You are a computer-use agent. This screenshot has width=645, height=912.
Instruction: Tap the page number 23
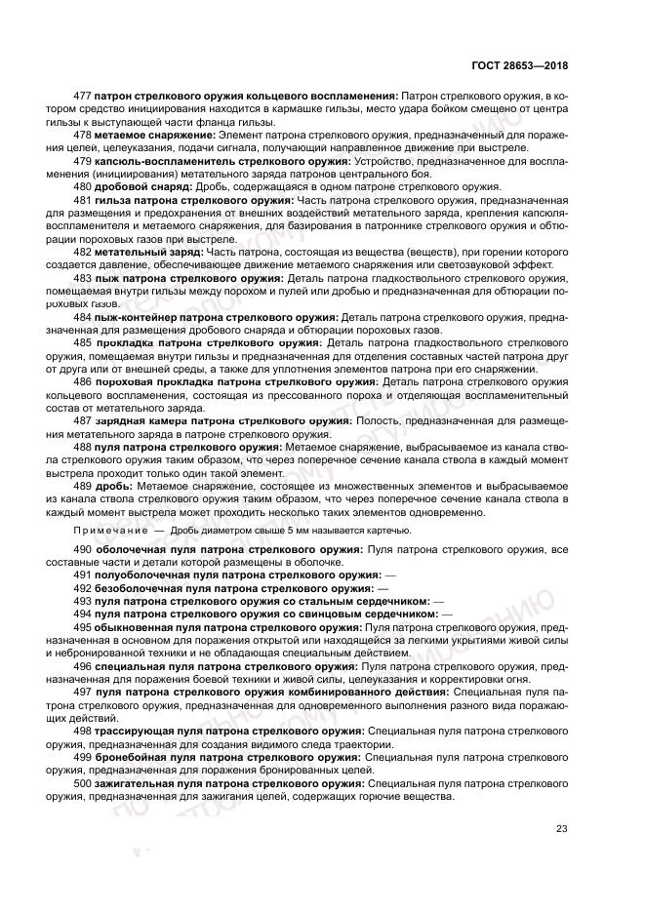(561, 829)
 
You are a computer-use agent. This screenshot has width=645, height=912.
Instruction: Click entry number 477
(83, 96)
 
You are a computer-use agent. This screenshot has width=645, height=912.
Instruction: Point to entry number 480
(83, 186)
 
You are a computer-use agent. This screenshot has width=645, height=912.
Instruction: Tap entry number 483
(83, 278)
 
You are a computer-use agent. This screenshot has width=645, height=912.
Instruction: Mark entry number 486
(83, 382)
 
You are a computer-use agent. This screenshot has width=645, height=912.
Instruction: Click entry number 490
(83, 550)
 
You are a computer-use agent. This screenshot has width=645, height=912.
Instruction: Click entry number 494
(83, 615)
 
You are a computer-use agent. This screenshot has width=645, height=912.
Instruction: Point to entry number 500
(83, 783)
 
